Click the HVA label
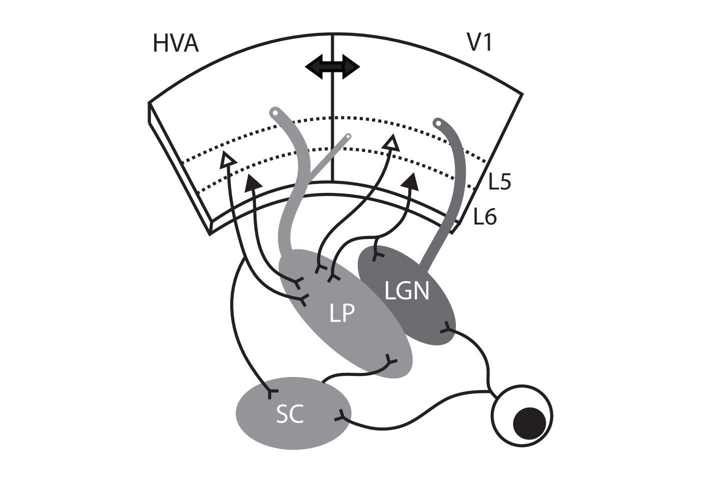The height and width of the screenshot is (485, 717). (x=176, y=43)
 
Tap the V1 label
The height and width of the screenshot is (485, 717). (x=479, y=43)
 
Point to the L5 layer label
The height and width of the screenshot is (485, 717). (x=499, y=182)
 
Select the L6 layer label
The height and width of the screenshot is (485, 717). (x=485, y=217)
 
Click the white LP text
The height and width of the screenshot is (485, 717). (x=342, y=313)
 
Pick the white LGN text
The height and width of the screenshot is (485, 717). (x=407, y=290)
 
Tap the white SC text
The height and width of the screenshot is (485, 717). (x=290, y=414)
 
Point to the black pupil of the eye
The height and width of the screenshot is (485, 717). (x=529, y=421)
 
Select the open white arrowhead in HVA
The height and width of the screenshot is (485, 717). (x=228, y=159)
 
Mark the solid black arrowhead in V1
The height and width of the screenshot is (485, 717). (x=411, y=180)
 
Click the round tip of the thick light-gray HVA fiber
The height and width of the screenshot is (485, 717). (x=274, y=111)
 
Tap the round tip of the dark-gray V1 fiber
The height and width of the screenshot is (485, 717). (x=438, y=122)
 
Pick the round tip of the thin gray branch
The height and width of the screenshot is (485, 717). (x=348, y=136)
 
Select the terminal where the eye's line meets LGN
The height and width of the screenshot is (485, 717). (x=445, y=328)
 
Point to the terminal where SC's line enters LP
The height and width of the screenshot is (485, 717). (x=391, y=360)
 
